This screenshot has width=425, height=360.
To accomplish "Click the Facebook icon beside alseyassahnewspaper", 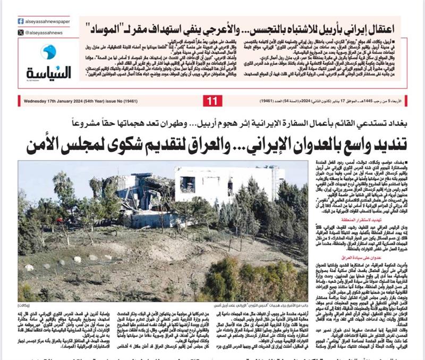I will pyautogui.click(x=21, y=21).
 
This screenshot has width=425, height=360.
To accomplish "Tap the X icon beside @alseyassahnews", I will pyautogui.click(x=21, y=32).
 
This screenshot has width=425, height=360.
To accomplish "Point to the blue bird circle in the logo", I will pyautogui.click(x=48, y=52).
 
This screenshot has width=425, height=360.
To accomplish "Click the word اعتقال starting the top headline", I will pyautogui.click(x=395, y=26).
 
